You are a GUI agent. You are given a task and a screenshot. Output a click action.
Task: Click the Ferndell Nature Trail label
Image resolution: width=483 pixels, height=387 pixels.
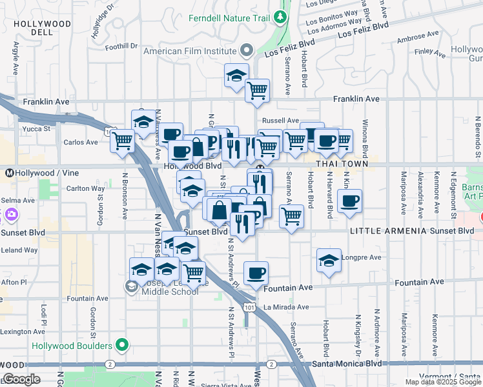pyautogui.click(x=229, y=17)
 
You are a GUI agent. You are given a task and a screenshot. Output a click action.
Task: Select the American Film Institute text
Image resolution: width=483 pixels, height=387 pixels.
pyautogui.click(x=189, y=50)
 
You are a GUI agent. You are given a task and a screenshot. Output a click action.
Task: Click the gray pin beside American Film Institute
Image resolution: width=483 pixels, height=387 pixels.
pyautogui.click(x=246, y=50)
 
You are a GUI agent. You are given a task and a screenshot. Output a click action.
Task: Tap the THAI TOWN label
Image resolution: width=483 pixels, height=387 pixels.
pyautogui.click(x=342, y=164)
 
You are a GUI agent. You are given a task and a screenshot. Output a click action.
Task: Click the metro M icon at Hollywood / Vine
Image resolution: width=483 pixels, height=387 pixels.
pyautogui.click(x=10, y=173)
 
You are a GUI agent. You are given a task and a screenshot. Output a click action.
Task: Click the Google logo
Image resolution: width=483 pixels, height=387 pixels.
pyautogui.click(x=21, y=379)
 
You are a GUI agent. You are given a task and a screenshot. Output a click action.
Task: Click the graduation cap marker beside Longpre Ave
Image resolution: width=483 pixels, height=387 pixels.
pyautogui.click(x=329, y=261)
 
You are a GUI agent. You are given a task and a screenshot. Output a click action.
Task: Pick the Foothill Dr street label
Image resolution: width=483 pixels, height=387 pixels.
pyautogui.click(x=122, y=46)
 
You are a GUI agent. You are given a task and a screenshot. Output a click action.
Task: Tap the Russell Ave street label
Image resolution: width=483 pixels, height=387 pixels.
pyautogui.click(x=280, y=121)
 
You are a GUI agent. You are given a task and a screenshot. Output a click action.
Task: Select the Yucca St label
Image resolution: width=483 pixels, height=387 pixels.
pyautogui.click(x=37, y=129)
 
